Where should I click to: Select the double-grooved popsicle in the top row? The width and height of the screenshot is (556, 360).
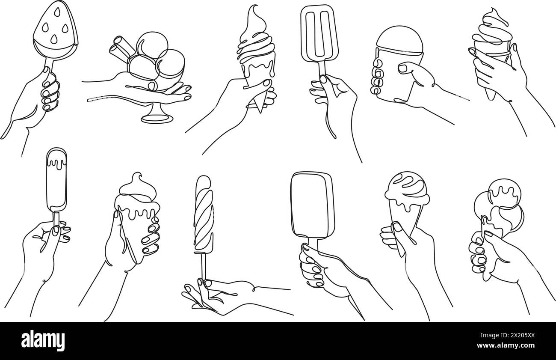pyautogui.click(x=319, y=34)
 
